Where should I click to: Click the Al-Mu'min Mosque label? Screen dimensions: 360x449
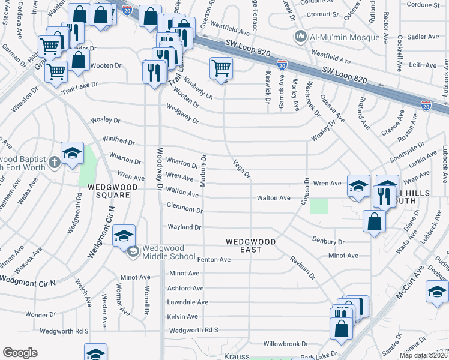[x=345, y=37]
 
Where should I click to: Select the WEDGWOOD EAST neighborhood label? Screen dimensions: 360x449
[x=250, y=242]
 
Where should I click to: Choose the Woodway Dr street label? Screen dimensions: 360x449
[x=160, y=169]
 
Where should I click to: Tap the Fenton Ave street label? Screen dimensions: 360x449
[x=214, y=260]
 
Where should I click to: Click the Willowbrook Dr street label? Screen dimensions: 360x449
[x=286, y=344]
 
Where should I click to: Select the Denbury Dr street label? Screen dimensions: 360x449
[x=328, y=241]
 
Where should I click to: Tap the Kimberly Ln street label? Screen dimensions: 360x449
[x=198, y=88]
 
